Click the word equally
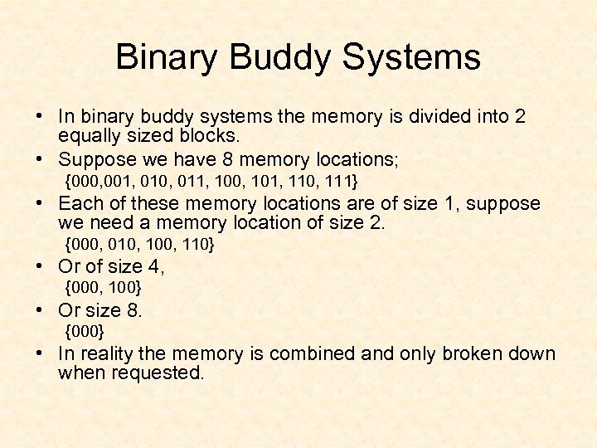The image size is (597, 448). pos(88,136)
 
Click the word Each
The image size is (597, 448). pos(77,202)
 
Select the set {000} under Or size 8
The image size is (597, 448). pos(85,332)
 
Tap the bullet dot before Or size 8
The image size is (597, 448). pos(40,310)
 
